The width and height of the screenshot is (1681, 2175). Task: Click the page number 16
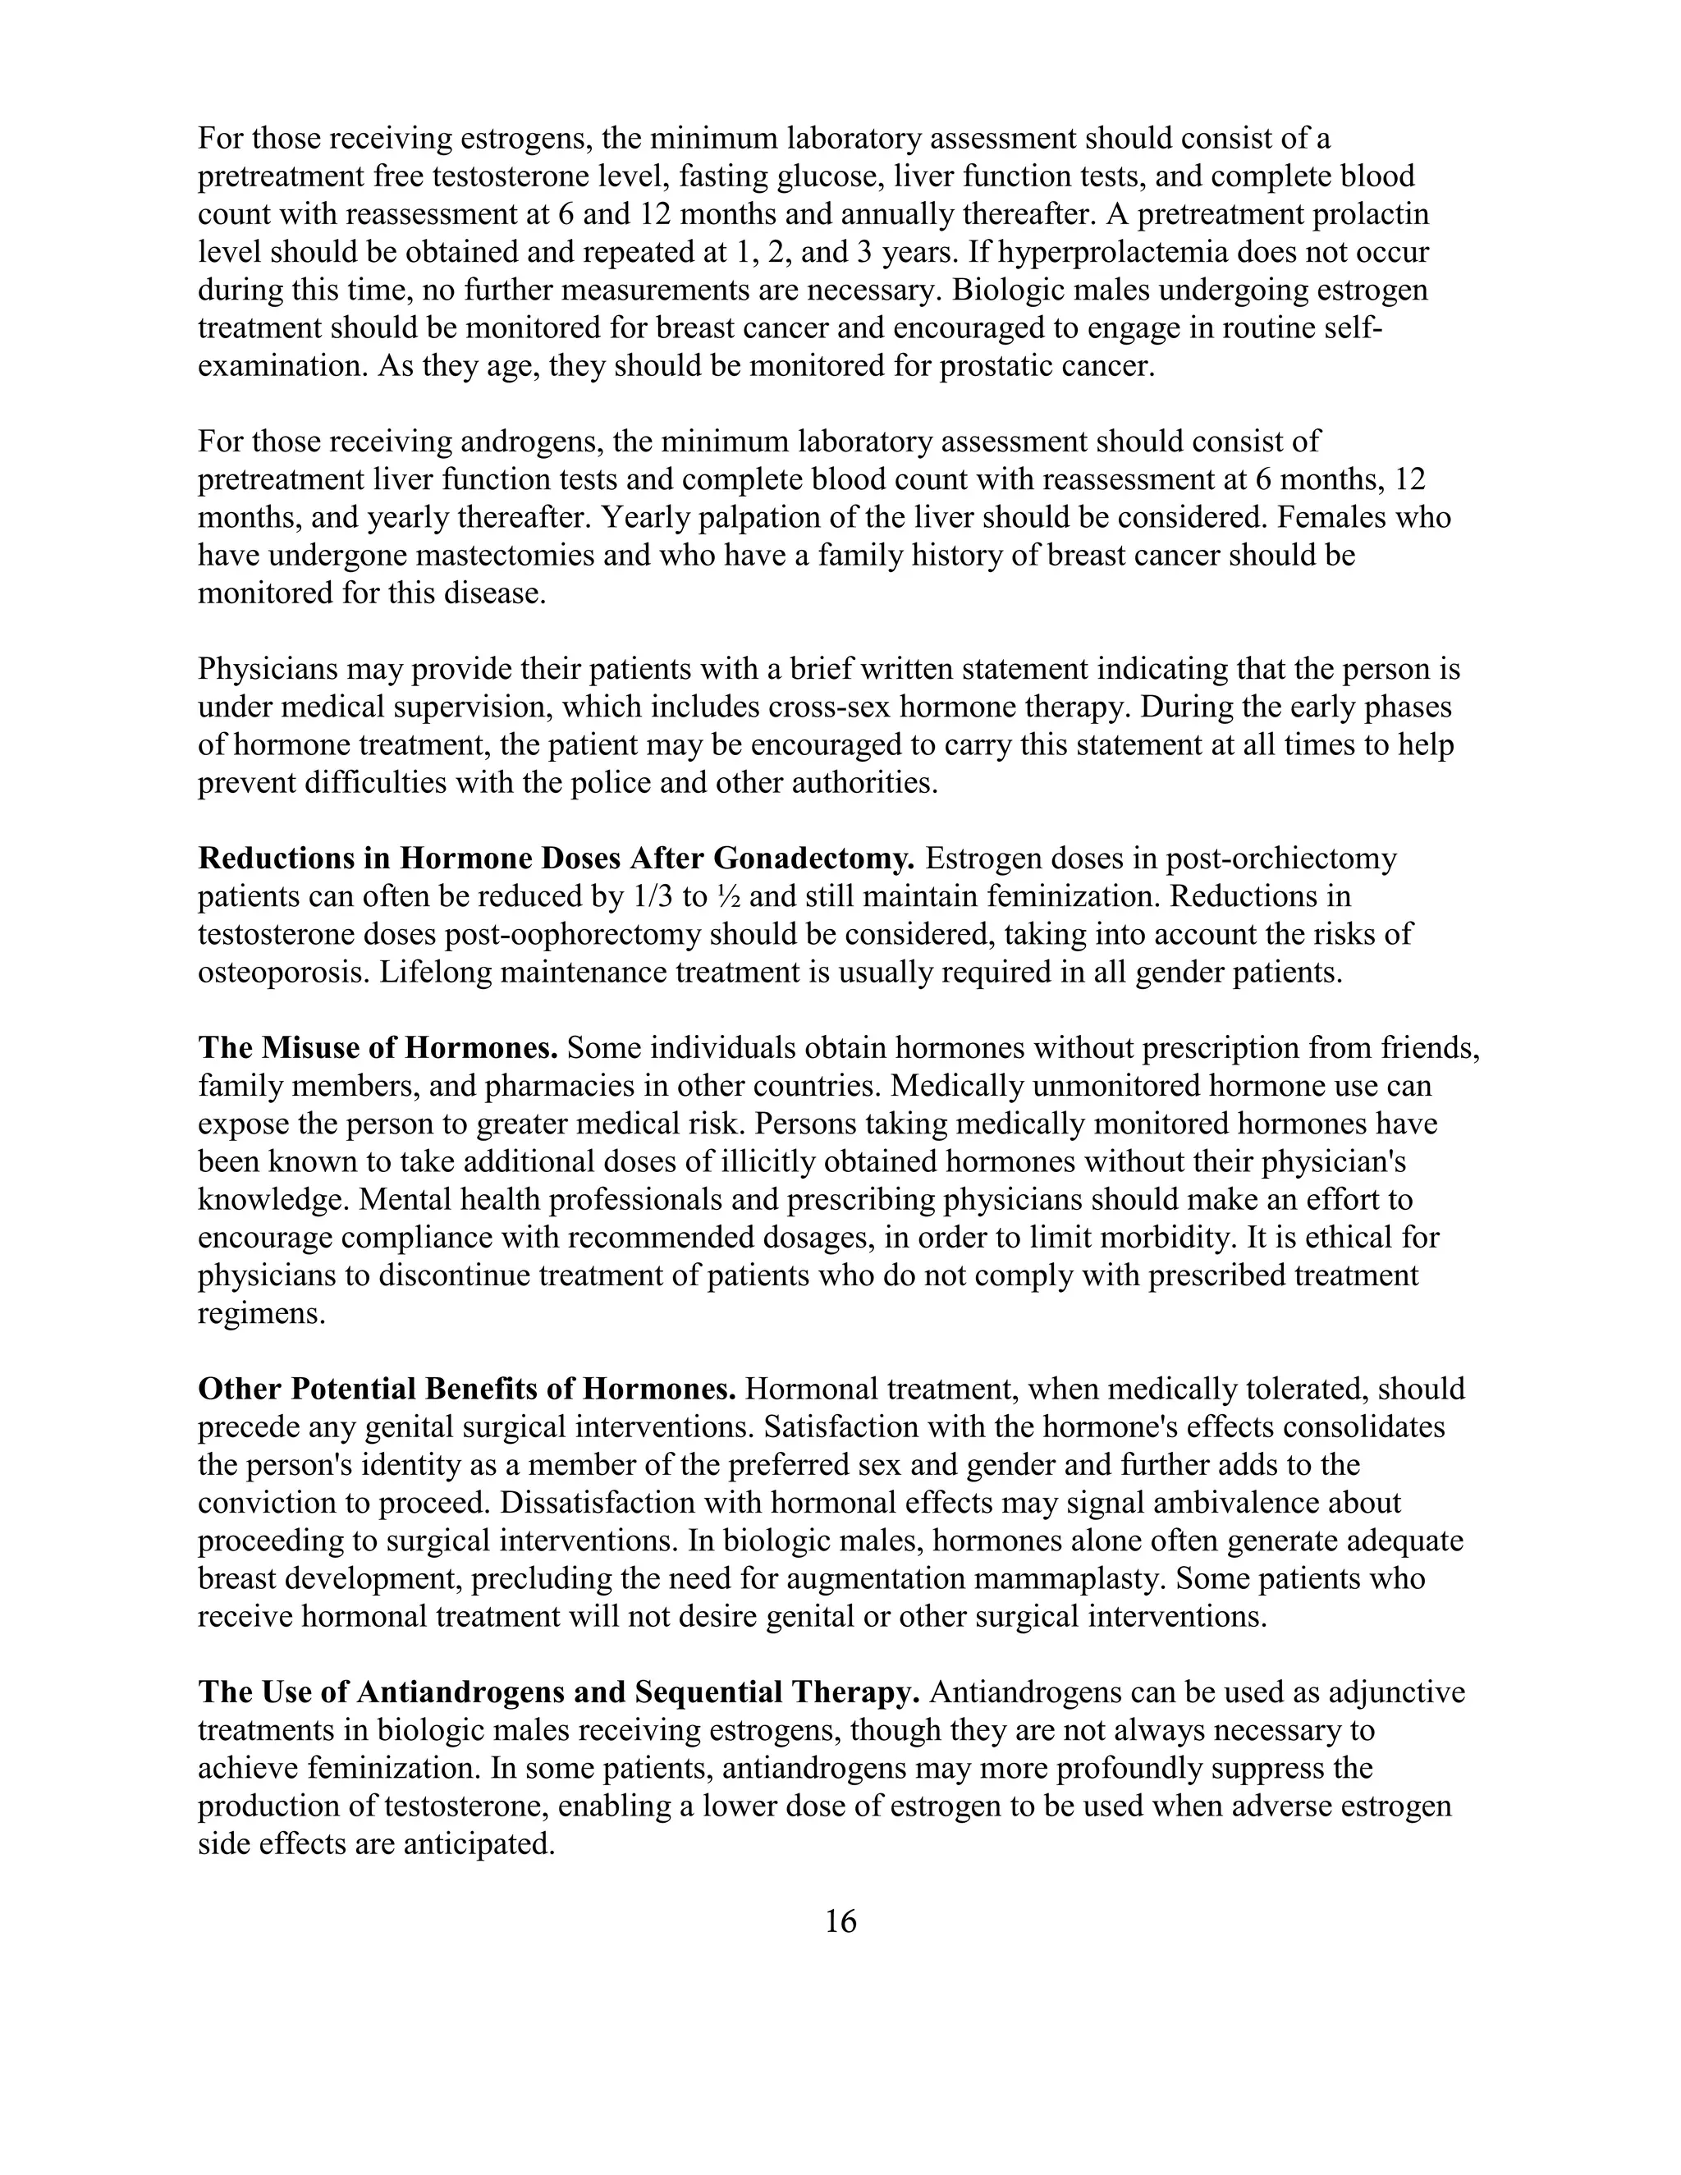(x=840, y=1921)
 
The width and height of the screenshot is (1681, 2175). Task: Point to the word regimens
(x=261, y=1313)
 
